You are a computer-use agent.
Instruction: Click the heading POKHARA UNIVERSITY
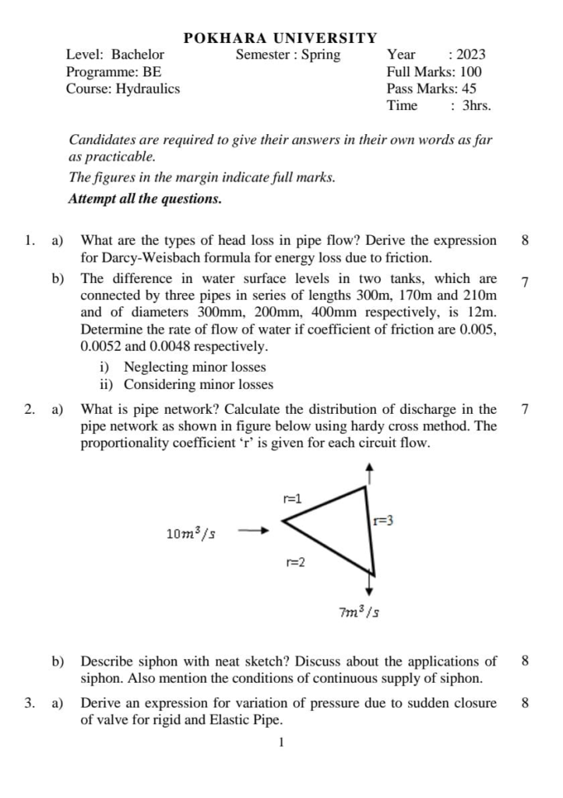[280, 38]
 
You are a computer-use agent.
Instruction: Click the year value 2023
[470, 55]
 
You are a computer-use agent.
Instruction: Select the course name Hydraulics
[148, 89]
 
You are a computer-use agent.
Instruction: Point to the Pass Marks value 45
[469, 89]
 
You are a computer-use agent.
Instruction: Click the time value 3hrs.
[477, 106]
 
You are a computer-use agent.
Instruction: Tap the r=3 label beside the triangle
[382, 520]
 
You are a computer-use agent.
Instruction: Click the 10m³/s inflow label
[192, 533]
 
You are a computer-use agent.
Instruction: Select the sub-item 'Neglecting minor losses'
[195, 367]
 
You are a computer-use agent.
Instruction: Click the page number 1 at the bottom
[281, 743]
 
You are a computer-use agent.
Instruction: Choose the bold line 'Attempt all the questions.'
[145, 199]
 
